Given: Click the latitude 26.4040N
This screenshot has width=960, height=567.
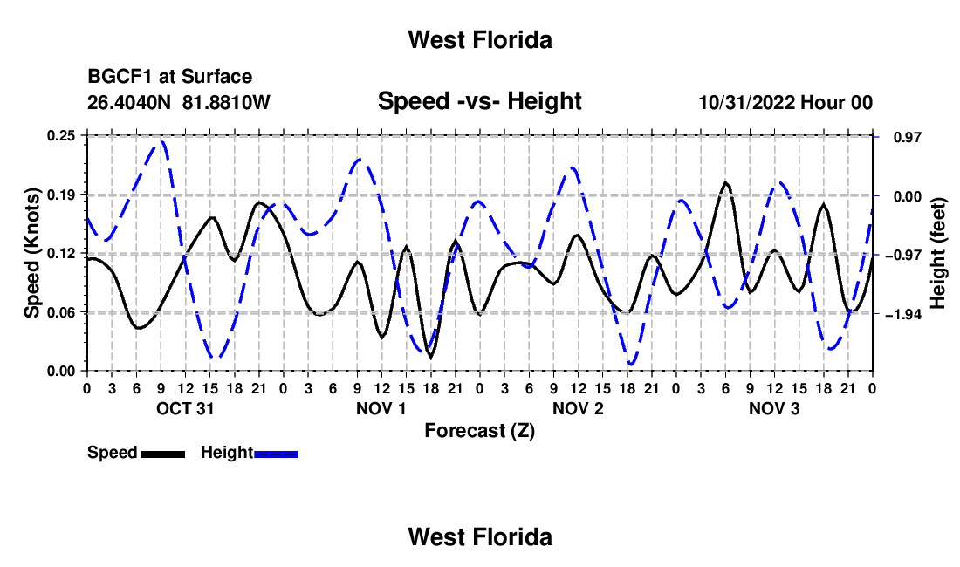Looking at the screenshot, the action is pyautogui.click(x=129, y=102).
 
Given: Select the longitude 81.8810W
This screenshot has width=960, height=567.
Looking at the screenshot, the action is pyautogui.click(x=226, y=102).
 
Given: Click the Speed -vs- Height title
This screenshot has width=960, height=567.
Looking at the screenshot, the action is pyautogui.click(x=479, y=101).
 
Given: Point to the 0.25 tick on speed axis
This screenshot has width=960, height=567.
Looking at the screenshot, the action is pyautogui.click(x=61, y=136).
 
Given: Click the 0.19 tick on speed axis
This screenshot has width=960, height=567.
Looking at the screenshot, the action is pyautogui.click(x=61, y=195).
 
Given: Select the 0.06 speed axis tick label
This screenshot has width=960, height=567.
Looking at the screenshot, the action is pyautogui.click(x=61, y=312).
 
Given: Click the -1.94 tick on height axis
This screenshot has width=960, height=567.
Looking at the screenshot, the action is pyautogui.click(x=902, y=314).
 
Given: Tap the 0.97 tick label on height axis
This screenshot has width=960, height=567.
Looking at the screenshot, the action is pyautogui.click(x=908, y=137).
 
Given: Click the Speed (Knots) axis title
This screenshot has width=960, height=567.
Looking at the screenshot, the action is pyautogui.click(x=31, y=253).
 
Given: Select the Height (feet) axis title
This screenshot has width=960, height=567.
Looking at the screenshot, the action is pyautogui.click(x=937, y=253).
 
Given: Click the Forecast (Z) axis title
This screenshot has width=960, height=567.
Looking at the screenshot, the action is pyautogui.click(x=479, y=431).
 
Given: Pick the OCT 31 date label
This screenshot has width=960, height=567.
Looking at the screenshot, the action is pyautogui.click(x=185, y=408).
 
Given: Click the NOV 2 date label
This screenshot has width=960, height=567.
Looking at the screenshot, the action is pyautogui.click(x=578, y=408).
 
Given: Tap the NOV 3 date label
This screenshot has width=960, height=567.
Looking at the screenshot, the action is pyautogui.click(x=774, y=408).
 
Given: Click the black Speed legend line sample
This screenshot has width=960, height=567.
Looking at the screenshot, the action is pyautogui.click(x=163, y=454).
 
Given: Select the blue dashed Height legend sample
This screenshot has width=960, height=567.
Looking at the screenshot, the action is pyautogui.click(x=276, y=454).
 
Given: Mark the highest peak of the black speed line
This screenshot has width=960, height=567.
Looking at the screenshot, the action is pyautogui.click(x=725, y=182).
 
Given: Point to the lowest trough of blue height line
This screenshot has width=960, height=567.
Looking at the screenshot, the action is pyautogui.click(x=631, y=365).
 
